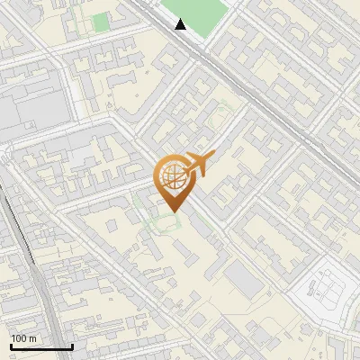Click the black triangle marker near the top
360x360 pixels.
[181, 24]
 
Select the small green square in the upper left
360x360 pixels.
[100, 21]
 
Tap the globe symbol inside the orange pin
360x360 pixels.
[171, 178]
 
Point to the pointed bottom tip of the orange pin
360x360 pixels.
[171, 212]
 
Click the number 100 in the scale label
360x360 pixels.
[20, 338]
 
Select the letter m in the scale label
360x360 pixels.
[33, 338]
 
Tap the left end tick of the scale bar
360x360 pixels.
[11, 345]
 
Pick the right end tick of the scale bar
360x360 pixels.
[72, 345]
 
